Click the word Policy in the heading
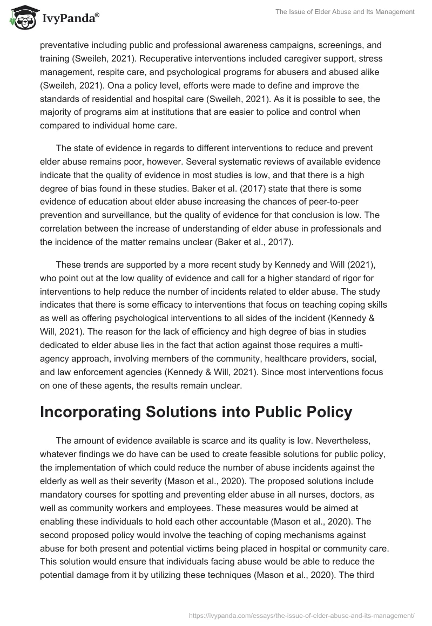point(319,412)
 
